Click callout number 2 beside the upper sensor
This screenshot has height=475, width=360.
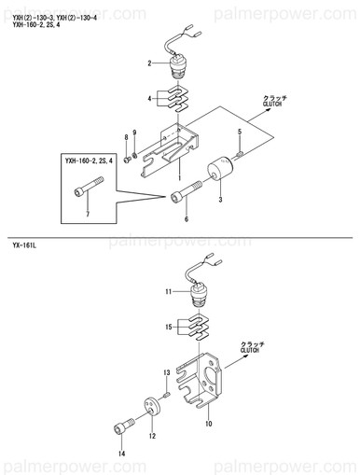click(149, 63)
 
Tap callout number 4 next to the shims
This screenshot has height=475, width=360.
click(149, 99)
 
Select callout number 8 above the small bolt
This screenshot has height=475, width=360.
click(126, 137)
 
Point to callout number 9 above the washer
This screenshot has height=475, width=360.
click(134, 133)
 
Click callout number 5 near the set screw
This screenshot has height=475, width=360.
click(240, 132)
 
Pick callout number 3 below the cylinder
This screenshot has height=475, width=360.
click(220, 200)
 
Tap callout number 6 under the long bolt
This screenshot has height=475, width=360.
click(187, 219)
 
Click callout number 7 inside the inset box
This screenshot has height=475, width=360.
click(88, 214)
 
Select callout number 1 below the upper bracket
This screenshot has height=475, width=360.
click(179, 177)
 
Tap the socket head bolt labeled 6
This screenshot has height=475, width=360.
click(187, 192)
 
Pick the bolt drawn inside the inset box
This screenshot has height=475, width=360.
click(90, 187)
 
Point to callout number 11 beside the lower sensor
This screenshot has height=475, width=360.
click(168, 292)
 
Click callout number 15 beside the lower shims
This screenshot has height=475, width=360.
click(169, 327)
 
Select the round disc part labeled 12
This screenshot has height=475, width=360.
click(152, 407)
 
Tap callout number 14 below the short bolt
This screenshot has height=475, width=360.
click(122, 454)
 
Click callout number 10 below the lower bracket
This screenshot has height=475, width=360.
click(209, 424)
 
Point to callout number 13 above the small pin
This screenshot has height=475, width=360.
click(167, 372)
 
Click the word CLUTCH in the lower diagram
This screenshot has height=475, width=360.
click(250, 350)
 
